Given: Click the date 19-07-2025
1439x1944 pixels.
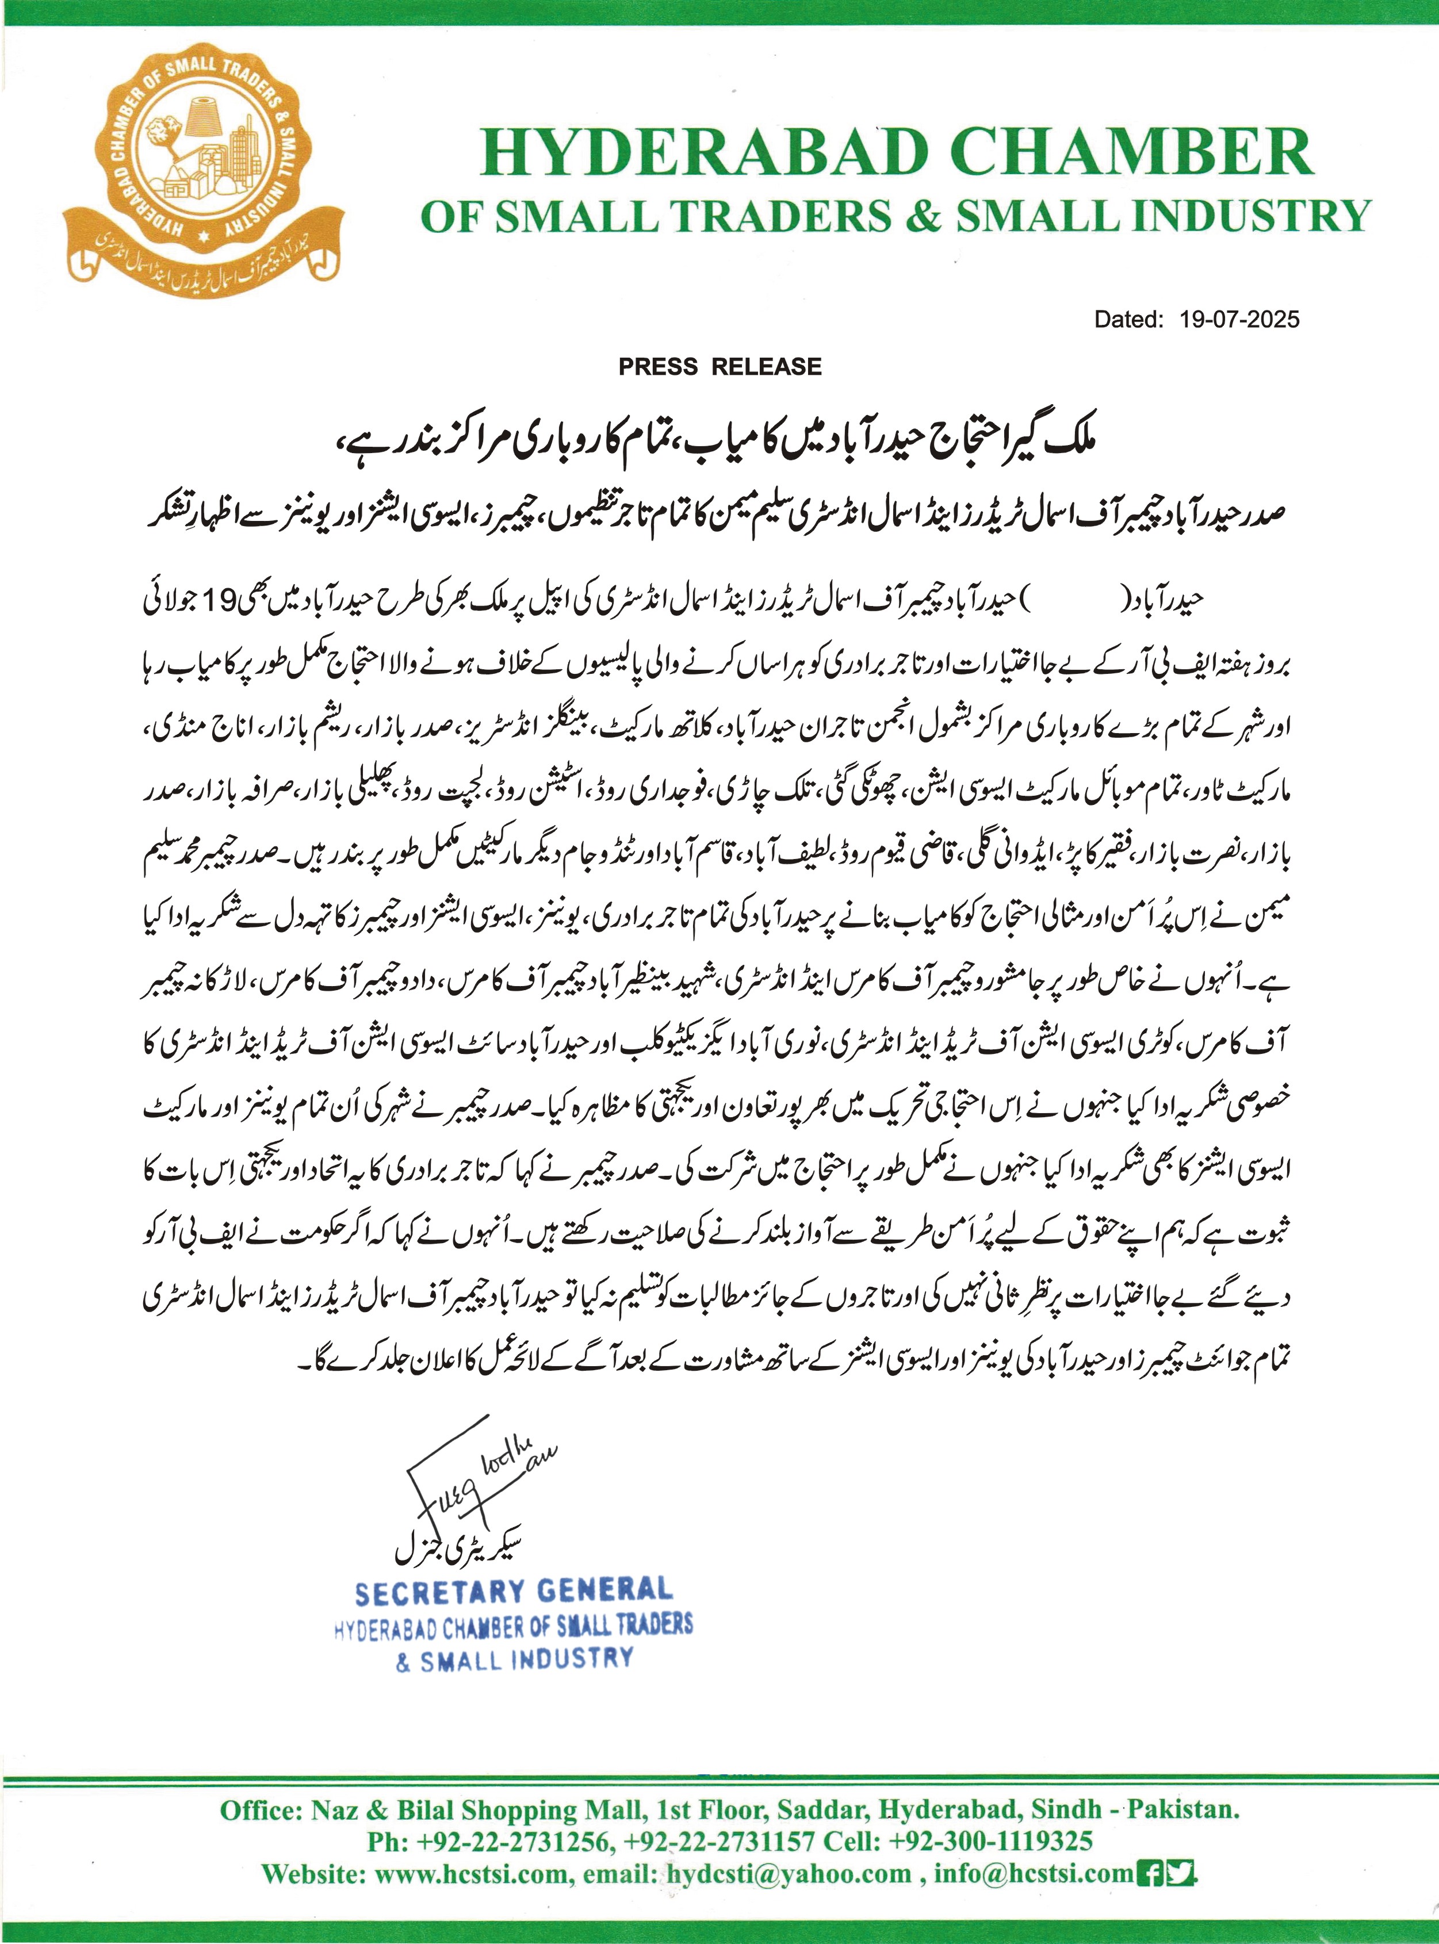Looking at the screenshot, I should [x=1239, y=320].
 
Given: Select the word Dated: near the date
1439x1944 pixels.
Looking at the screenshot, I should [x=1129, y=320].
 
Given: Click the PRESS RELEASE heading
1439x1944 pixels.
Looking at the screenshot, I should [x=720, y=366].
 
